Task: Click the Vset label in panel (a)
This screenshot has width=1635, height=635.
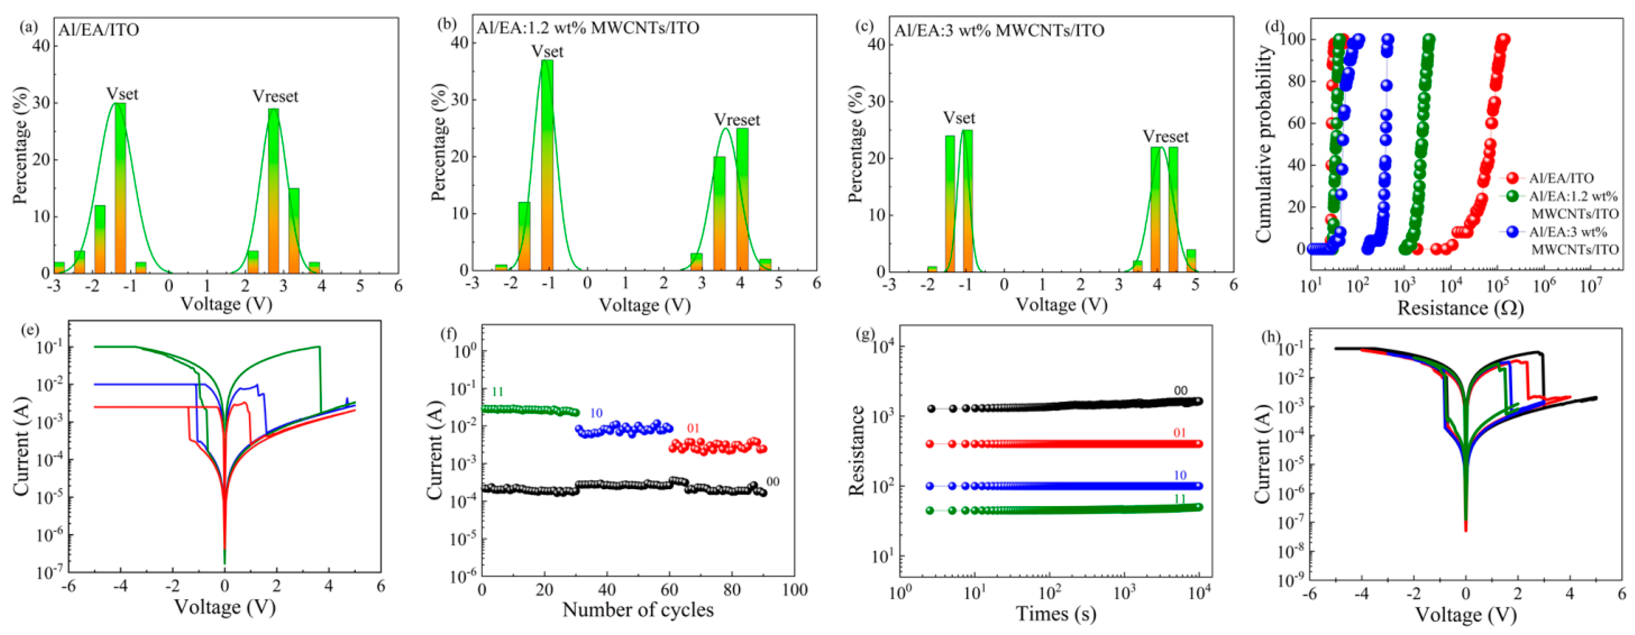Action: coord(122,94)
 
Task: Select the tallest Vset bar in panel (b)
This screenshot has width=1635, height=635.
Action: coord(546,165)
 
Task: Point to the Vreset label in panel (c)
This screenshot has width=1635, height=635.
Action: coord(1166,137)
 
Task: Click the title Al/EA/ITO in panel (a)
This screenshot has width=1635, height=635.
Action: coord(98,30)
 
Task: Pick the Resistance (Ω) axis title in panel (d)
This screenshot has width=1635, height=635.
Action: coord(1460,308)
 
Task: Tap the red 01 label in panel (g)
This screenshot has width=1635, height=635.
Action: coord(1179,433)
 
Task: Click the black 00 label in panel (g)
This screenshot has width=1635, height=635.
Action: coord(1180,390)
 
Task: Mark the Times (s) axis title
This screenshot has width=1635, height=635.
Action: coord(1056,614)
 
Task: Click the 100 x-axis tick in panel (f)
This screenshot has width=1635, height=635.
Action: coord(794,590)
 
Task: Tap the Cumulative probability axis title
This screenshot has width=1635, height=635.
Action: coord(1264,143)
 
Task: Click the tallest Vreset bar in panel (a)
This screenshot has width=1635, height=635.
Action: coord(273,191)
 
